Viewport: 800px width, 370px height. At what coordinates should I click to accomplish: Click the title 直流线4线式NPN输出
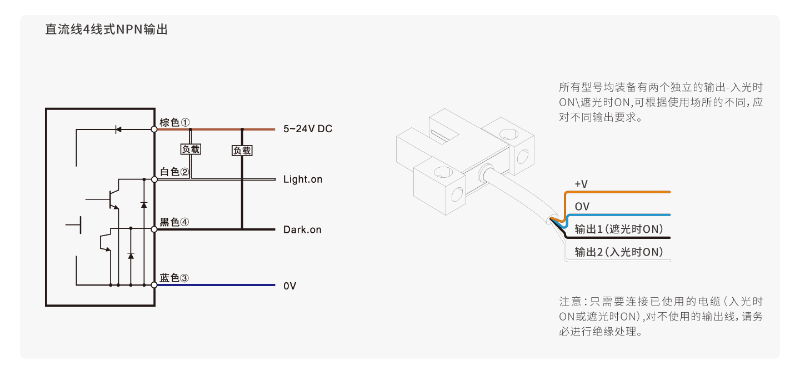pos(106,29)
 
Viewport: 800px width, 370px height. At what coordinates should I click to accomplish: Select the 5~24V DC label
pos(308,129)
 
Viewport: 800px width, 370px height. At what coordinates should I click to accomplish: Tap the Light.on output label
pos(303,179)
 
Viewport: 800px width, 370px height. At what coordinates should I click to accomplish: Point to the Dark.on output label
pos(302,229)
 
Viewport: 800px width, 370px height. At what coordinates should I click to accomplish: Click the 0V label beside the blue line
pos(289,286)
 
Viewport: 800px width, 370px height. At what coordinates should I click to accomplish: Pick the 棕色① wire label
pos(174,122)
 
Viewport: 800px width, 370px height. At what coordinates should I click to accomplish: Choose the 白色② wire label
pos(174,172)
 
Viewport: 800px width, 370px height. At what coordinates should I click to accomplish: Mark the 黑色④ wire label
pos(174,222)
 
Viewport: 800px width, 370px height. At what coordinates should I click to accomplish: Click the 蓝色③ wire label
pos(174,278)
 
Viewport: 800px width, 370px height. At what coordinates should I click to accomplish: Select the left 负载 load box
pos(191,149)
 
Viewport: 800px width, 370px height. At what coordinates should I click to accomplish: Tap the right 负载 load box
pos(242,151)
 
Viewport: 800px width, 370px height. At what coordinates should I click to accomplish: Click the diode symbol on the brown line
pos(118,129)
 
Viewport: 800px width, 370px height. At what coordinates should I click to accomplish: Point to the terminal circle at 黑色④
pos(154,229)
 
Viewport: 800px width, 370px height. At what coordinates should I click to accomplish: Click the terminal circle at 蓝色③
pos(154,285)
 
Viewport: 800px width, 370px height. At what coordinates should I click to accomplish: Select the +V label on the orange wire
pos(581,184)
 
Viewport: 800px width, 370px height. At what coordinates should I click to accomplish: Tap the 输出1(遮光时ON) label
pos(619,229)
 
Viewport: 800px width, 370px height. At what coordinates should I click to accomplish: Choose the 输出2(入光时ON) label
pos(619,252)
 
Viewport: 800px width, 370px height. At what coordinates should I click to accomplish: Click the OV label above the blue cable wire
pos(582,207)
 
